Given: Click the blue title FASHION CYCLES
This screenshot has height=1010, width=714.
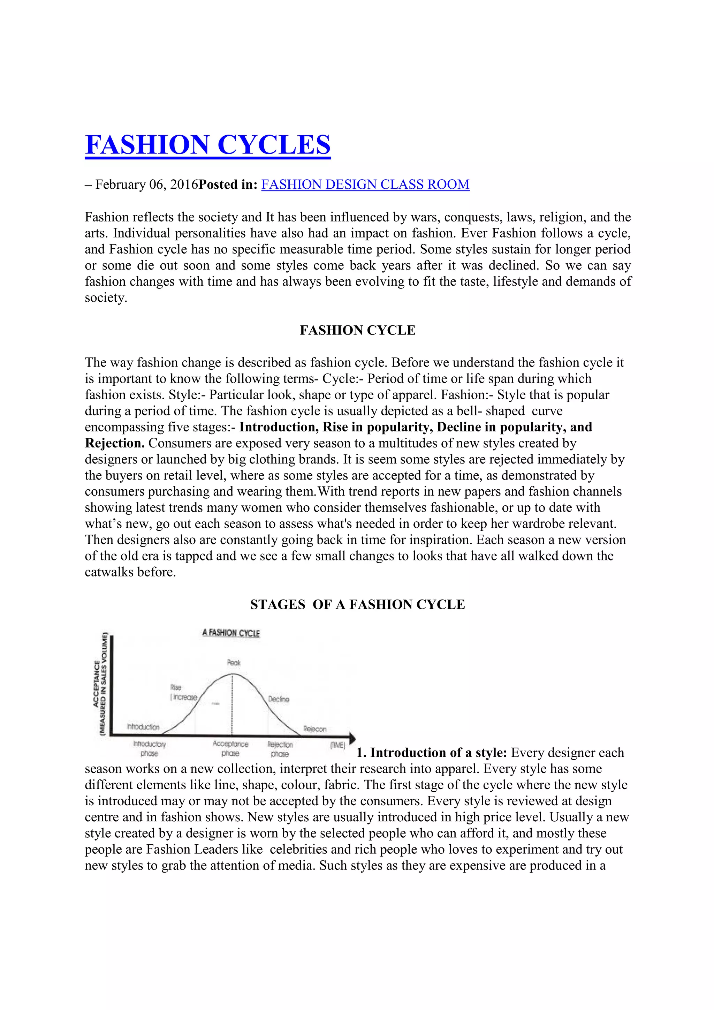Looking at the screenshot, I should click(x=207, y=145).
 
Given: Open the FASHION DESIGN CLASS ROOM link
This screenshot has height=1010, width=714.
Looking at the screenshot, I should click(x=365, y=184).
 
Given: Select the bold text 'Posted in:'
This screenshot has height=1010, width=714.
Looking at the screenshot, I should click(x=228, y=184).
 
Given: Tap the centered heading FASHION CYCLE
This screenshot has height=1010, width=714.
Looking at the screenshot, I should click(x=357, y=330).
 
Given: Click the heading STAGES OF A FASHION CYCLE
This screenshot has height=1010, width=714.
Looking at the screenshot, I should click(x=357, y=604).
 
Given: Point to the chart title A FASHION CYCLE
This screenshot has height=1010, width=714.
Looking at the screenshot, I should click(x=231, y=633).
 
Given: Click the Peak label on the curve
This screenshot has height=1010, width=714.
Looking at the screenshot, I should click(x=234, y=663).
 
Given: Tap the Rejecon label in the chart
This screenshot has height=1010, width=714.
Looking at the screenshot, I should click(x=315, y=729).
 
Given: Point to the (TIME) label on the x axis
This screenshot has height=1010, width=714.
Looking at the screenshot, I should click(x=337, y=745).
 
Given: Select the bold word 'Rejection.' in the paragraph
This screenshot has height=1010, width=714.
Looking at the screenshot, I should click(x=115, y=443).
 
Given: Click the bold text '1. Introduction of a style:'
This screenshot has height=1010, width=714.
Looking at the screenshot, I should click(x=432, y=753).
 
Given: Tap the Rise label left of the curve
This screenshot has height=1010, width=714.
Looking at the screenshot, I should click(x=175, y=687).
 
